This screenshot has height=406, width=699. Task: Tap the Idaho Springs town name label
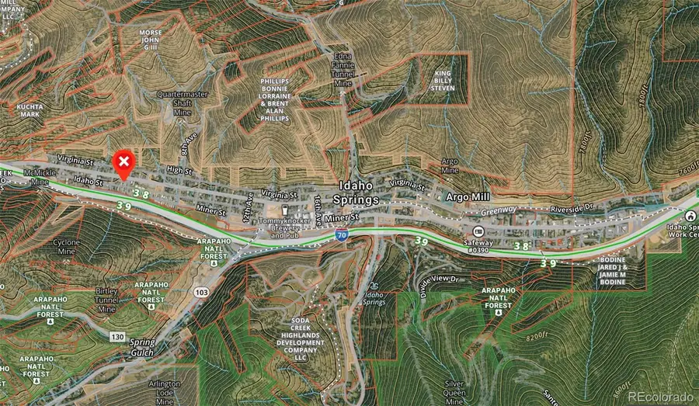click(359, 193)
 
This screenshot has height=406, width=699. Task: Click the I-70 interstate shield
click(341, 233)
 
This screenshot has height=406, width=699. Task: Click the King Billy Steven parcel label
click(443, 81)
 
